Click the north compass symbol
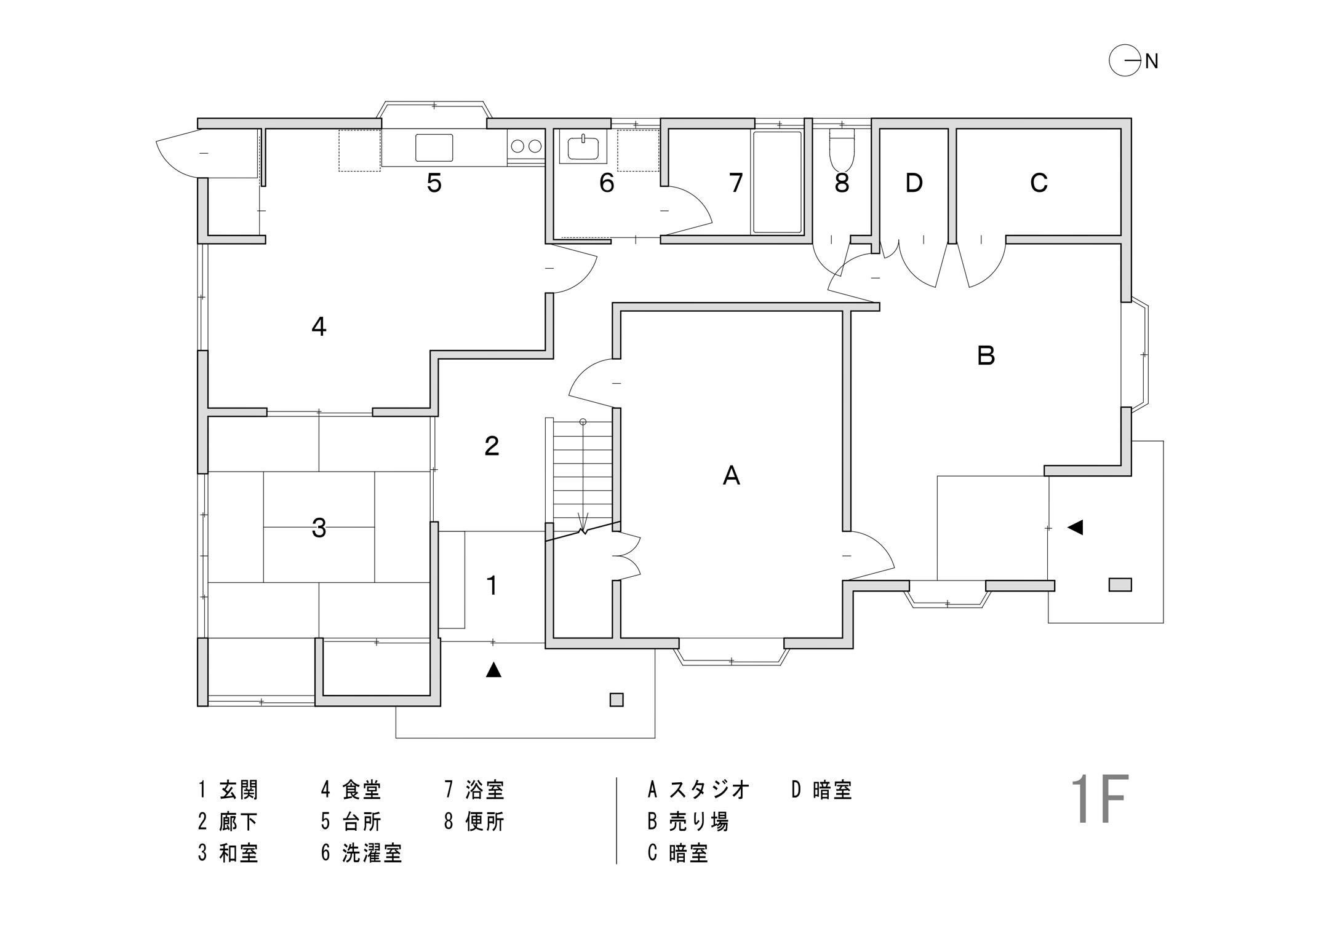(1124, 61)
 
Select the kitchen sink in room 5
(434, 148)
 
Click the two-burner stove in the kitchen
(526, 146)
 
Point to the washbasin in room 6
(583, 148)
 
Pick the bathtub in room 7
(777, 182)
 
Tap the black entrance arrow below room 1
(493, 670)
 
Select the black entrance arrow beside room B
(1075, 527)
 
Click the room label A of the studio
(731, 475)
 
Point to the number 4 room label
(318, 327)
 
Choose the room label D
(914, 183)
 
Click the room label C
(1039, 183)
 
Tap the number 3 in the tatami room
(319, 528)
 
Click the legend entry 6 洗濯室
(362, 853)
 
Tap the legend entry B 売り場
(688, 822)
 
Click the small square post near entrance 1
(616, 700)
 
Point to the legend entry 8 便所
(474, 822)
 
